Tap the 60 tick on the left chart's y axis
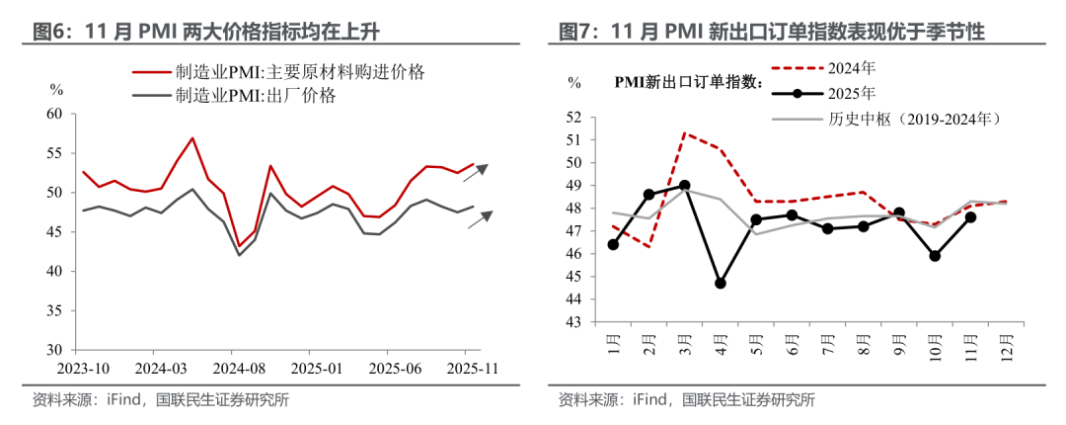point(55,114)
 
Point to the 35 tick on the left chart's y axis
point(55,310)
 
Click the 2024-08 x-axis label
point(231,366)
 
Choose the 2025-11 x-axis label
point(467,366)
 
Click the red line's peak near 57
point(192,138)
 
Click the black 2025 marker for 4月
point(721,283)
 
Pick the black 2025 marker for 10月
point(934,256)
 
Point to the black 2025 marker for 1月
point(613,244)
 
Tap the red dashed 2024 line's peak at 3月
point(684,132)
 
